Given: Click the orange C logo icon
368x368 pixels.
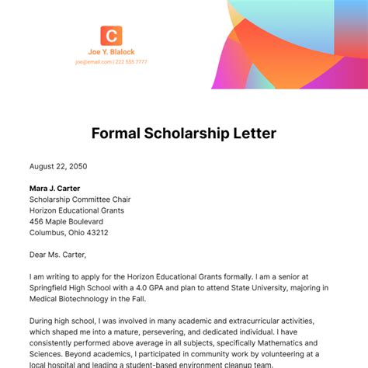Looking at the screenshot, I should [x=111, y=36].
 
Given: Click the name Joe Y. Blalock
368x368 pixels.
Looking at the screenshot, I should [x=111, y=53].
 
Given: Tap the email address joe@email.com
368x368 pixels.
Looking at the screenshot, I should [x=93, y=62].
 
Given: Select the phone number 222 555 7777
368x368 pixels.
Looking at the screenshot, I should [x=131, y=62].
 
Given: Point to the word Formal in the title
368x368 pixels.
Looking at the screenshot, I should [x=116, y=133].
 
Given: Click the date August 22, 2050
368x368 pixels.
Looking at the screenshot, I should [x=58, y=166].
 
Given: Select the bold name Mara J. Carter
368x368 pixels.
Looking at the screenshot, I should [x=54, y=188].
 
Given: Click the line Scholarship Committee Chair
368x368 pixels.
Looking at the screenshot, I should [x=81, y=199].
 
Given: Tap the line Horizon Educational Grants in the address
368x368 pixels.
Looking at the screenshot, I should [x=76, y=210].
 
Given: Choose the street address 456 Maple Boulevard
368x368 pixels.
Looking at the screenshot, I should [x=67, y=221].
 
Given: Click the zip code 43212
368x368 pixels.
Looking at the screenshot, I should [x=97, y=232].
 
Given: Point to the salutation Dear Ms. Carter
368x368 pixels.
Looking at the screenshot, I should [x=57, y=254].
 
